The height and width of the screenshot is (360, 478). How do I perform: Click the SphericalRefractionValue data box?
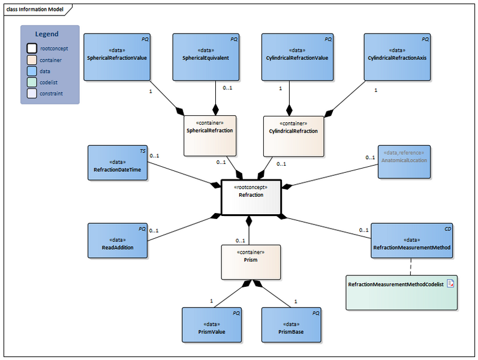(117, 57)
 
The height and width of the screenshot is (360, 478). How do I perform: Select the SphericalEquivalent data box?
(206, 57)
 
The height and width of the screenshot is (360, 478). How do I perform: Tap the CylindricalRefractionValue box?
(297, 57)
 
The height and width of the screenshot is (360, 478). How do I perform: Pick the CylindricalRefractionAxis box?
(398, 57)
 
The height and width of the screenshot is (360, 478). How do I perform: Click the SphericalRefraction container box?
(210, 136)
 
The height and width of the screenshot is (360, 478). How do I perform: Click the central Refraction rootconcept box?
(251, 197)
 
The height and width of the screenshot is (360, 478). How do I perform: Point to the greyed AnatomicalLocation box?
(404, 161)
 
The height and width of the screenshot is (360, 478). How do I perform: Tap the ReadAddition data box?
(118, 241)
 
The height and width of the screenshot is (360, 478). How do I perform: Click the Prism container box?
(251, 262)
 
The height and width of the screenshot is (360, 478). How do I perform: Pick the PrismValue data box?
(212, 325)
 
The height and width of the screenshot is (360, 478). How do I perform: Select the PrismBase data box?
(291, 325)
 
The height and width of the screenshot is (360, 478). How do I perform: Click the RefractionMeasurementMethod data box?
(411, 241)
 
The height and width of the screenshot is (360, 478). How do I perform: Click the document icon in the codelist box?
(450, 283)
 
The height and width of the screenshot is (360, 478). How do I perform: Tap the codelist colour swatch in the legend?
(31, 82)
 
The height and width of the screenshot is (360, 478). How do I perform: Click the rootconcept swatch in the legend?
(31, 49)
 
